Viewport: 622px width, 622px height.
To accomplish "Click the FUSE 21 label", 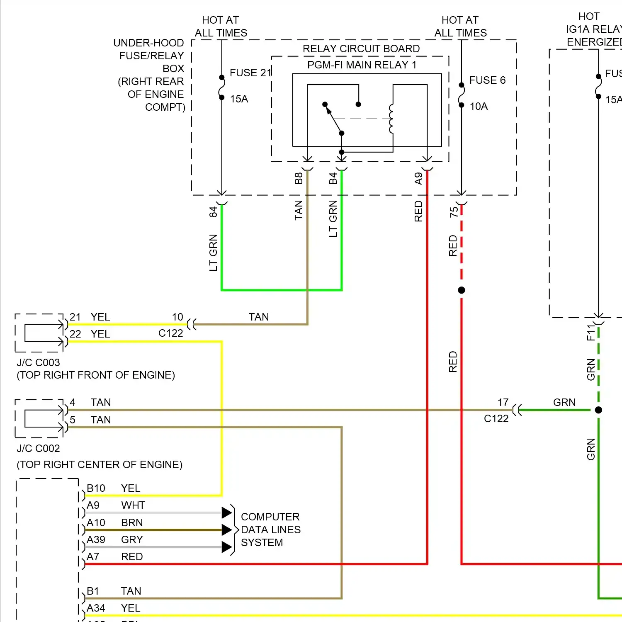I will [x=250, y=73].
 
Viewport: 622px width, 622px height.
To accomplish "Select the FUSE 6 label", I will [x=487, y=80].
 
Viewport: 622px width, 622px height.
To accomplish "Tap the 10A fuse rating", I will [x=479, y=107].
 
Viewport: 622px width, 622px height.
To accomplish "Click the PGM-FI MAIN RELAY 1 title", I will [x=362, y=65].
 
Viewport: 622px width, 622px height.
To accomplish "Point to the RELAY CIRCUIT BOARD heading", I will [x=361, y=49].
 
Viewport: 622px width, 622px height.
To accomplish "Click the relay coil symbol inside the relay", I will [x=391, y=119].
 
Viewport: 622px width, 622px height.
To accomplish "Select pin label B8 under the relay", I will [x=299, y=179].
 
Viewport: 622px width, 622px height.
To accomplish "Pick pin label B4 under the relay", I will [x=333, y=179].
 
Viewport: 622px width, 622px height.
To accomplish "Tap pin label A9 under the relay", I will [x=418, y=179].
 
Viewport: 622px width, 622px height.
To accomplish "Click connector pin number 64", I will [x=213, y=212].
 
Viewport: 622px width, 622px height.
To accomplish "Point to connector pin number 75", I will [x=454, y=212].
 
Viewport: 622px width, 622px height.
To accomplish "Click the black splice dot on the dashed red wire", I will [x=462, y=290].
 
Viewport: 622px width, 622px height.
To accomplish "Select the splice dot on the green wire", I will [x=598, y=410].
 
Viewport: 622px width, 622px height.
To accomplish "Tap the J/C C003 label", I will [x=38, y=363].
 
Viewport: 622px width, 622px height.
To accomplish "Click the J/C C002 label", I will [x=38, y=449].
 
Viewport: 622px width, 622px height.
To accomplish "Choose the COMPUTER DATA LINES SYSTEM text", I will [x=270, y=530].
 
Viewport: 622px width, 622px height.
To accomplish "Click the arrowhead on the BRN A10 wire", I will [x=226, y=530].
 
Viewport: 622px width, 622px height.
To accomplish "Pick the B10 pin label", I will [x=96, y=488].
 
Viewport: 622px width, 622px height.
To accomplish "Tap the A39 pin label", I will [x=96, y=540].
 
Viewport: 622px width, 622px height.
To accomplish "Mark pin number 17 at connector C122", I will [x=503, y=403].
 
